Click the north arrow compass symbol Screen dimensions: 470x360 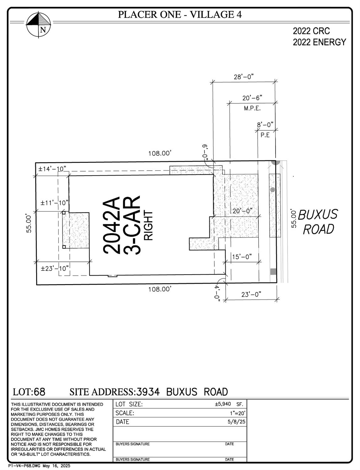coord(39,25)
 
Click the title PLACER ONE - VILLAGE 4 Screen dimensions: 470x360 coord(180,14)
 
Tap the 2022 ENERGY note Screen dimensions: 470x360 coord(319,42)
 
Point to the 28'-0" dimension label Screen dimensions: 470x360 coord(244,77)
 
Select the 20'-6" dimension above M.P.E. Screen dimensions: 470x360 coord(252,98)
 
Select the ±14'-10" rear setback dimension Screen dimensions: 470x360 coord(52,169)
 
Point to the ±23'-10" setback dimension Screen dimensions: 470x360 coord(55,269)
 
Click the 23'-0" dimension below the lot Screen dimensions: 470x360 coord(251,294)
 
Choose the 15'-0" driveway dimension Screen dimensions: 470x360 coord(242,257)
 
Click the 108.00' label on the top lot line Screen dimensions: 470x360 coord(160,153)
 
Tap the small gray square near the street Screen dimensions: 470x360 coord(273,272)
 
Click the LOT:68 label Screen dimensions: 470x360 coord(29,392)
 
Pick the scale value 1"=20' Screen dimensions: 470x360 coord(237,413)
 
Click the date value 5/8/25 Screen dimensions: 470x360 coord(237,422)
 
